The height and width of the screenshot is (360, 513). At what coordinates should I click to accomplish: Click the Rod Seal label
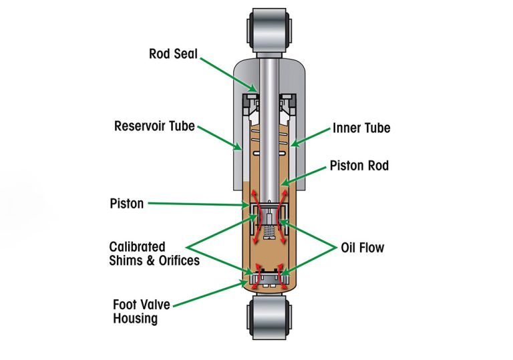point(174,53)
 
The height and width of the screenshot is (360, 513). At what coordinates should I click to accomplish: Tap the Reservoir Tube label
point(154,126)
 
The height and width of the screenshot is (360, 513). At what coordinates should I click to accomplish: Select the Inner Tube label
point(361,128)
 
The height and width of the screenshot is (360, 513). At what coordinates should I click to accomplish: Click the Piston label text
point(126,203)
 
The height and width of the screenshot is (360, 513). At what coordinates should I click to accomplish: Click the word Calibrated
point(138,247)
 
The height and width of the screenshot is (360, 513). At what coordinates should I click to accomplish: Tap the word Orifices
point(176,260)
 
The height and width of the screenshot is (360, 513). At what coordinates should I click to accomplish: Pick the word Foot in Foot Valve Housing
point(125,305)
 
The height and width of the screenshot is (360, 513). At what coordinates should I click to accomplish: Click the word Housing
point(135,319)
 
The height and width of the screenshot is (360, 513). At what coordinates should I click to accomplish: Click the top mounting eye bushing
point(270,30)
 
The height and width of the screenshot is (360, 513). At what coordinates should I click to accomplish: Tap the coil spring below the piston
point(269,234)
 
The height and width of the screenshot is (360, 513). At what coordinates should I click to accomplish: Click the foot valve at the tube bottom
point(269,276)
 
